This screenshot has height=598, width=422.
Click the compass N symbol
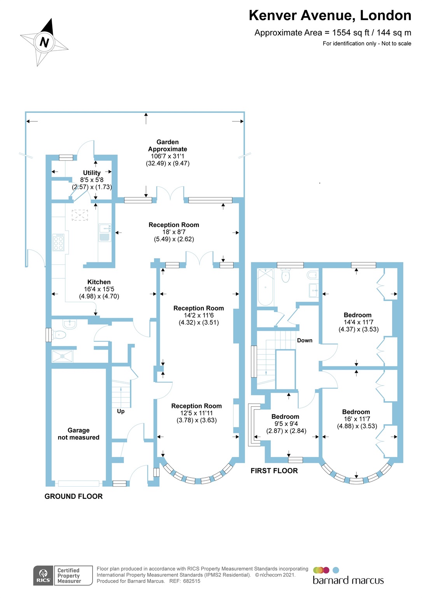[44, 42]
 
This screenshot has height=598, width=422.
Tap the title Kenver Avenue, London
[330, 16]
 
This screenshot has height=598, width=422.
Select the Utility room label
[92, 173]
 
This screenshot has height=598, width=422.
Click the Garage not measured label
[79, 434]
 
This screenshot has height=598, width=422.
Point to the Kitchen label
[99, 282]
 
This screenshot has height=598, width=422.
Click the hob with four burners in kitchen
[58, 242]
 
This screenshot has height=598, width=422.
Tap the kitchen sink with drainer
[105, 232]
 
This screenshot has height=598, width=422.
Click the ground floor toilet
[59, 334]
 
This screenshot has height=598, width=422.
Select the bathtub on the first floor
[266, 287]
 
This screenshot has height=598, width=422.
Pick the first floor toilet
[286, 276]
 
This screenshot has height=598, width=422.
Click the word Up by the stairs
[121, 412]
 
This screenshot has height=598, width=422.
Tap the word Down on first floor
[305, 341]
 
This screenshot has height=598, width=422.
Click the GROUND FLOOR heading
[74, 496]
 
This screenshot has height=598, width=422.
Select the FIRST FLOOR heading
[274, 471]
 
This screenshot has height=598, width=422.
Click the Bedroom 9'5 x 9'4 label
[285, 424]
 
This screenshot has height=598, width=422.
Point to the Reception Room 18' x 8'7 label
[174, 232]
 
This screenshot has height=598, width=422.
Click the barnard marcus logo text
[348, 580]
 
